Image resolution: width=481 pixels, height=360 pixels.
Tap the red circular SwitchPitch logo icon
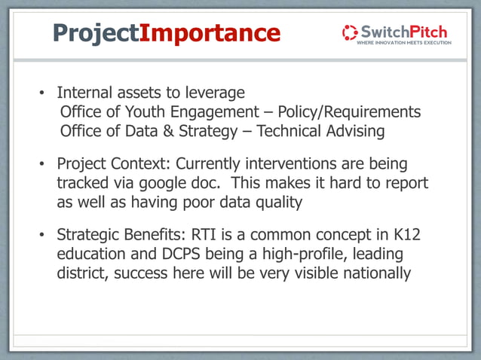pyautogui.click(x=350, y=32)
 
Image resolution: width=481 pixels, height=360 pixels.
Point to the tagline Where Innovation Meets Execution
pyautogui.click(x=403, y=43)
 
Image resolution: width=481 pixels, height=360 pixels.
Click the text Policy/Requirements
pyautogui.click(x=349, y=111)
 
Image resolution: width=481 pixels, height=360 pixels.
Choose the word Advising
pyautogui.click(x=356, y=131)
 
